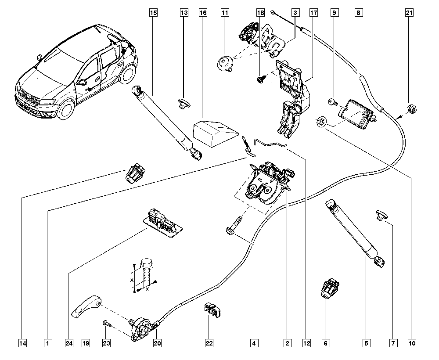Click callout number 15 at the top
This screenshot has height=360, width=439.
click(153, 13)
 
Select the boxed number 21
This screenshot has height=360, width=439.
click(409, 13)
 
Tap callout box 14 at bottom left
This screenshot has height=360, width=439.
click(23, 343)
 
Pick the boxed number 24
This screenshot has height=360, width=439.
click(69, 343)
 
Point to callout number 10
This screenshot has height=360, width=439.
click(412, 343)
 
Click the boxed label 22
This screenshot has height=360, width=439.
click(209, 343)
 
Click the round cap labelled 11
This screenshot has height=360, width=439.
click(224, 63)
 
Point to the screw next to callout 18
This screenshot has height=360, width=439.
click(259, 79)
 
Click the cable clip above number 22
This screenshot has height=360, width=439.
click(212, 311)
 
